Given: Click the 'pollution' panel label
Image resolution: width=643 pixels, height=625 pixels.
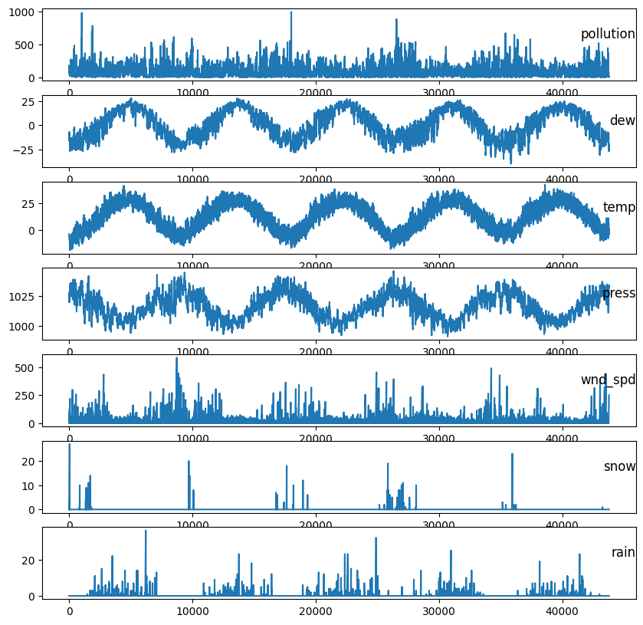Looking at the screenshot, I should point(608,35).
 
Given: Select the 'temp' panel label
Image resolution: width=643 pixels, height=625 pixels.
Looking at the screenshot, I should point(618,207).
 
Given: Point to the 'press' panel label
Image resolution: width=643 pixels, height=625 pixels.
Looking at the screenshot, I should point(618,294).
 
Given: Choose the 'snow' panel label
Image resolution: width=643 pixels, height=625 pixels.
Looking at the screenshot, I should point(619,466).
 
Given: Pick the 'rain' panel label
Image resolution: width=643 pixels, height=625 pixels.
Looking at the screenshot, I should point(623,553).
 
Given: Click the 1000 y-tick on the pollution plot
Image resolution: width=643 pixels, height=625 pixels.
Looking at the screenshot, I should point(22,12).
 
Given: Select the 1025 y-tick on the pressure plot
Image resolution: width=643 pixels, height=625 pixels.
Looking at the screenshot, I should point(22,297).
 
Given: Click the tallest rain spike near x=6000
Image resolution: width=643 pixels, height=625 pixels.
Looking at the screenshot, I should point(146,531).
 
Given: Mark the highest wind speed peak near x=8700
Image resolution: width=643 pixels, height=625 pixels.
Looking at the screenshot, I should point(176,357).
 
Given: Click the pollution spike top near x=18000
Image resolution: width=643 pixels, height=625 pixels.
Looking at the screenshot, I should point(290,12).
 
